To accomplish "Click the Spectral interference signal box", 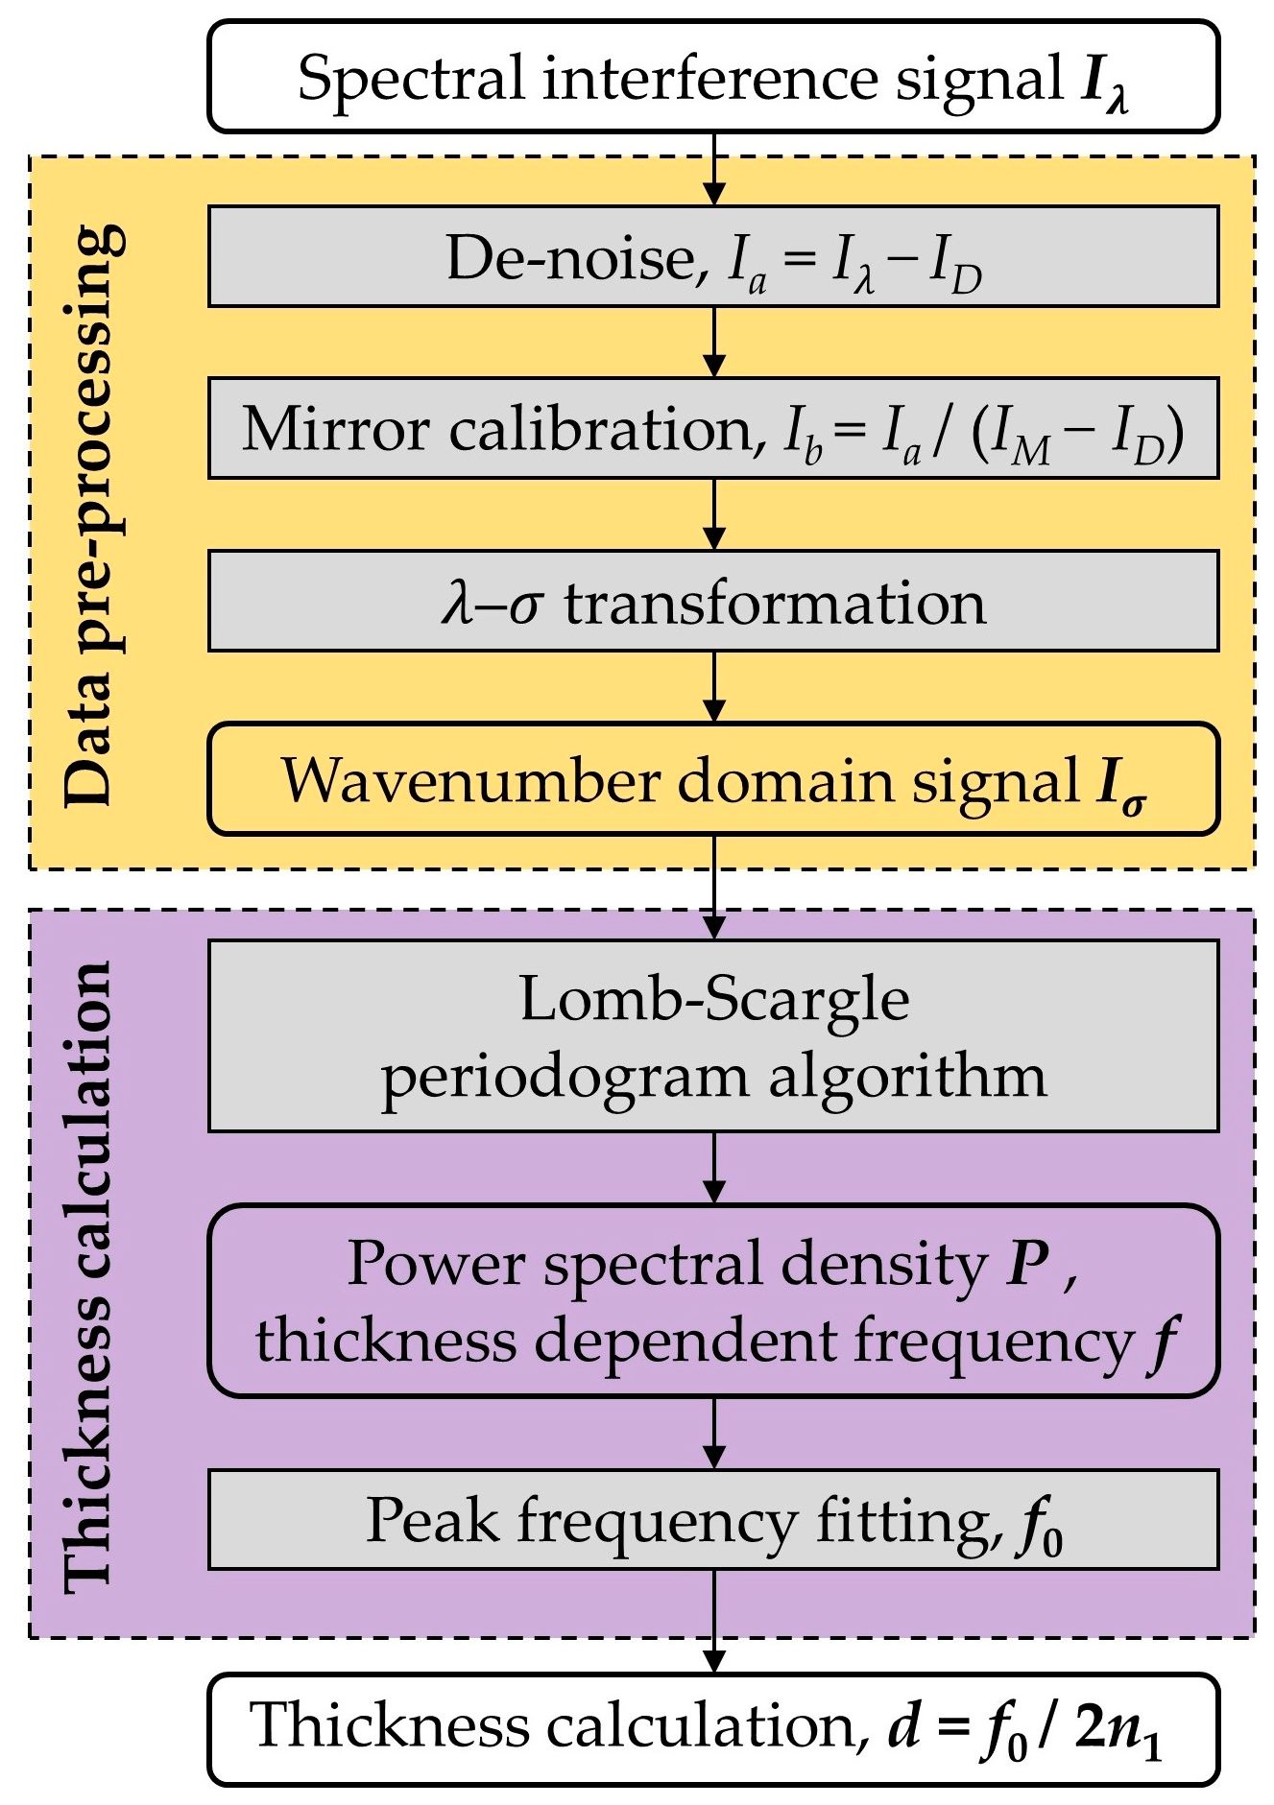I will tap(712, 77).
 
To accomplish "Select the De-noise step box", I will tap(712, 257).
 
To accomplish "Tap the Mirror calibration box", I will tap(712, 429).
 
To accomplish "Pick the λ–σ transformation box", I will tap(712, 602).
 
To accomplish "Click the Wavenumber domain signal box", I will tap(712, 779).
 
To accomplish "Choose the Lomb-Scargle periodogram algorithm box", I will tap(712, 1036).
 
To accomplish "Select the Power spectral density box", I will tap(712, 1300).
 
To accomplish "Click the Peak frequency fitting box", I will tap(712, 1520).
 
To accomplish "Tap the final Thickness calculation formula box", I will tap(712, 1729).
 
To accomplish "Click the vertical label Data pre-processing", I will tap(93, 515).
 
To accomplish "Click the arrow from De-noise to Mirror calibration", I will tap(713, 342).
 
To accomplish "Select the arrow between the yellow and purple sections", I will tap(713, 888).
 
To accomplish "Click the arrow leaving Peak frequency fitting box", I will tap(713, 1622).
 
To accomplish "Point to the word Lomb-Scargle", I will tap(714, 1000).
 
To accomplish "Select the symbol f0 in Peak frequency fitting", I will tap(1039, 1526).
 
